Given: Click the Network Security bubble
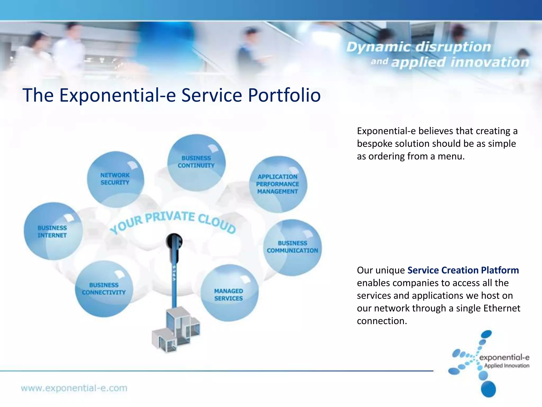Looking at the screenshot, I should [x=115, y=179].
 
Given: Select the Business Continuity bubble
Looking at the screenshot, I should [x=196, y=162].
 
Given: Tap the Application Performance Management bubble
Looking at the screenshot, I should [x=278, y=184].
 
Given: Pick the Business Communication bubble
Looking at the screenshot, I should [x=292, y=247].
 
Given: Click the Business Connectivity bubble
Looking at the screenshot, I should [x=104, y=289].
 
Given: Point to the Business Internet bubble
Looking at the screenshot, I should [x=53, y=231].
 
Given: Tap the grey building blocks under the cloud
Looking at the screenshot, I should [x=176, y=330].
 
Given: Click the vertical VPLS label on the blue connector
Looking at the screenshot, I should [x=174, y=273].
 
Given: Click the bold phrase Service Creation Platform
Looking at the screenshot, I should [x=463, y=270].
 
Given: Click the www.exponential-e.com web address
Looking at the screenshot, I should [x=74, y=388].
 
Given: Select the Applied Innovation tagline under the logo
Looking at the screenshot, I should [x=507, y=366].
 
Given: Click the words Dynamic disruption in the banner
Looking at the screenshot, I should [x=418, y=47].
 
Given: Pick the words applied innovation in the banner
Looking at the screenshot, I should [x=460, y=63].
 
